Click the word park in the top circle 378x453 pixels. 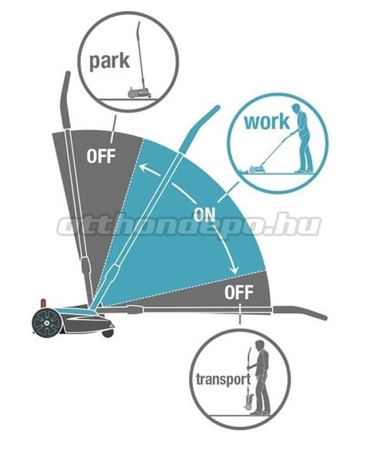click(109, 61)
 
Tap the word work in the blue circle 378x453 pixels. click(267, 122)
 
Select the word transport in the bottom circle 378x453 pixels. click(223, 380)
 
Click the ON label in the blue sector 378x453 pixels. click(204, 215)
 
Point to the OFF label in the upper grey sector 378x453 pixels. click(101, 156)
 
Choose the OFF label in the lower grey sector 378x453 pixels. click(238, 293)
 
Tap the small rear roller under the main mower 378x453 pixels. click(107, 333)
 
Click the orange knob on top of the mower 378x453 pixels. click(43, 304)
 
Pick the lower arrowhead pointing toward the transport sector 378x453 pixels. click(234, 270)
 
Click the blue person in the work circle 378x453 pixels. click(302, 138)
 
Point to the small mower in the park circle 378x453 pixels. click(140, 93)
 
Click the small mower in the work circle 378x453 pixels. click(257, 168)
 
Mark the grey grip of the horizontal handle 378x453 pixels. click(300, 313)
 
